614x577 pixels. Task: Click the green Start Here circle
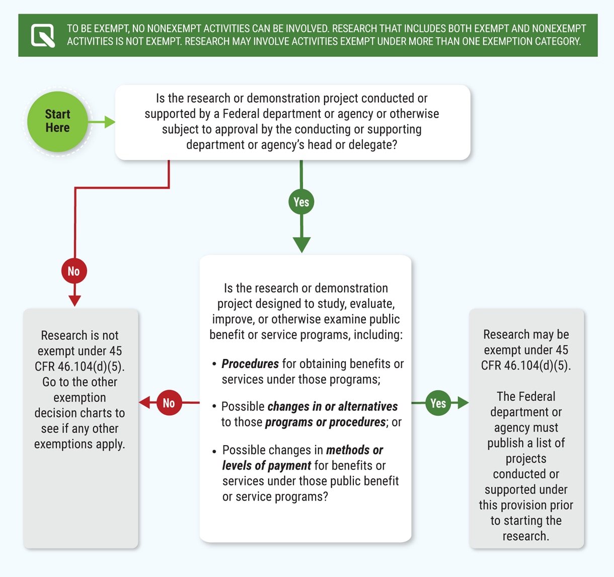pos(57,121)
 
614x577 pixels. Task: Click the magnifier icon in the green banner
pos(43,35)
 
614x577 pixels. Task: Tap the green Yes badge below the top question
pos(301,202)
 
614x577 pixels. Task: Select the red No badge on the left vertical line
pos(74,271)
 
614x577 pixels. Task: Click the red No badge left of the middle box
pos(169,403)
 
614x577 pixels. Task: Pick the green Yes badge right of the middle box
pos(438,403)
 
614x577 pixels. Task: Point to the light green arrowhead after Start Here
pos(109,122)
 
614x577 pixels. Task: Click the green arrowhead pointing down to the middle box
pos(301,245)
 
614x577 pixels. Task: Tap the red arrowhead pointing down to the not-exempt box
pos(74,301)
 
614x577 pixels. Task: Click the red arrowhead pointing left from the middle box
pos(144,403)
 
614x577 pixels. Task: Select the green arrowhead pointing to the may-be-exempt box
pos(463,403)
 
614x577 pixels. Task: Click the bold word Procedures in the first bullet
pos(250,364)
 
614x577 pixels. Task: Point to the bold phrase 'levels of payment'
pos(266,466)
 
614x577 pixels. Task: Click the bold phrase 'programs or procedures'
pos(325,422)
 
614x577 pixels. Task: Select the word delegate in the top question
pos(369,145)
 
